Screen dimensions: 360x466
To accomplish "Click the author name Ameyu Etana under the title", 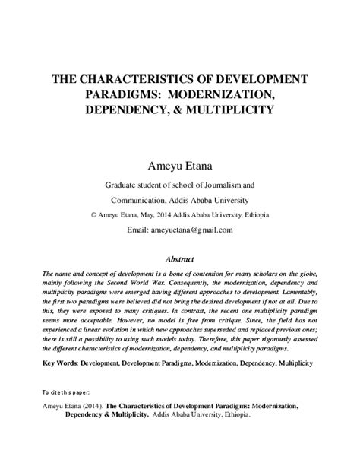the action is (x=180, y=164).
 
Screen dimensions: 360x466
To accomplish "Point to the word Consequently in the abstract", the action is (x=170, y=281).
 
